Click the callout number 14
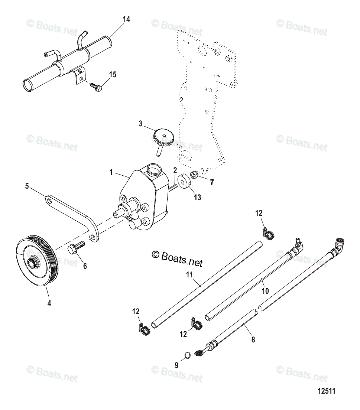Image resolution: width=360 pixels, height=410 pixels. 126,19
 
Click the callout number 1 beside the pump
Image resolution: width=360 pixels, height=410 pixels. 111,172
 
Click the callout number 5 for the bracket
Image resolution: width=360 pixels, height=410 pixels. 27,186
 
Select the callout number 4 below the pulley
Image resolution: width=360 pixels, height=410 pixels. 49,303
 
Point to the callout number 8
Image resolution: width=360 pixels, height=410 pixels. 253,339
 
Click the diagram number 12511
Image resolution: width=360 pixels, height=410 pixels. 326,391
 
